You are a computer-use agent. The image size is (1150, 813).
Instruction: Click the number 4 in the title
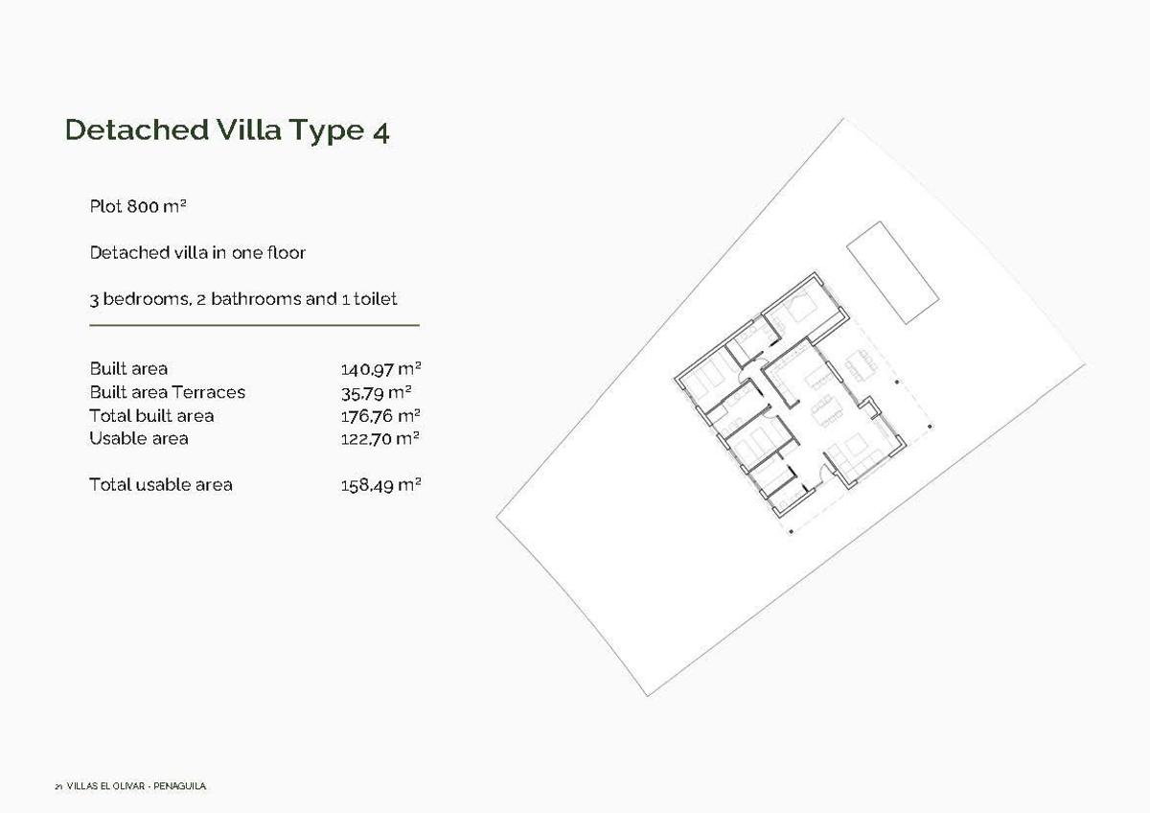point(379,131)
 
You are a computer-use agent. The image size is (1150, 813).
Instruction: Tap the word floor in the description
point(286,253)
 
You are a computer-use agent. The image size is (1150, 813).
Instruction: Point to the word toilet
point(376,299)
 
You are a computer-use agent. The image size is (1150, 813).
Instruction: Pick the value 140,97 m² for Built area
point(381,369)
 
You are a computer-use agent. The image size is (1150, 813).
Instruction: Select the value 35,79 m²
point(376,392)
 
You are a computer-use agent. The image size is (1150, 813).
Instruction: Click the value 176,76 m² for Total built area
point(381,416)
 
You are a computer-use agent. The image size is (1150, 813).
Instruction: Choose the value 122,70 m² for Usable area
point(381,439)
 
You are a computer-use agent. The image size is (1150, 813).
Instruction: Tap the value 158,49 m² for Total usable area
point(381,485)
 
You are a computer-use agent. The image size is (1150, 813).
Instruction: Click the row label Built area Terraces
point(167,392)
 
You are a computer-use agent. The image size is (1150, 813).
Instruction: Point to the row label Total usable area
point(160,485)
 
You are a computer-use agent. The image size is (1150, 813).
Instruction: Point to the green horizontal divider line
point(254,326)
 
